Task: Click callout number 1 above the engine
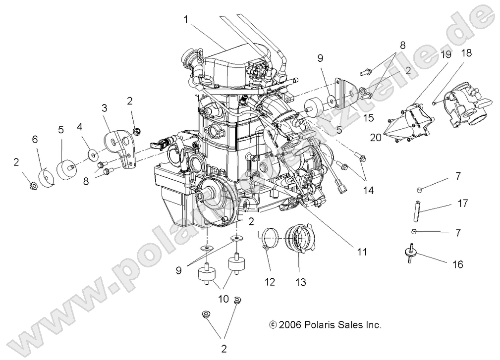[186, 20]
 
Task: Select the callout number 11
[361, 252]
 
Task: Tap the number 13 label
[300, 282]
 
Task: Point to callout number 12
[270, 282]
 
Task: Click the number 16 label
[457, 264]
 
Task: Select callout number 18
[466, 53]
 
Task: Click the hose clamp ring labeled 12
[271, 238]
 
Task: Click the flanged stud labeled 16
[410, 251]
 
